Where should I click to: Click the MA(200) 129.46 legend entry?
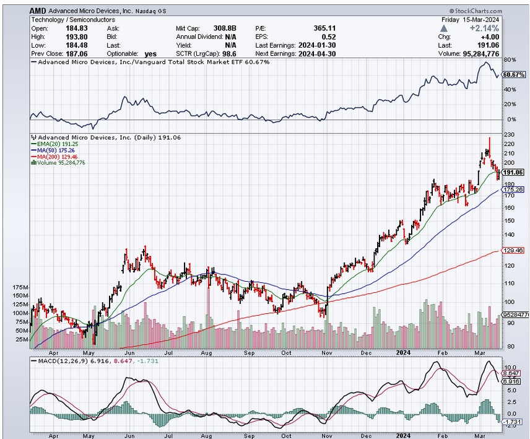(58, 156)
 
